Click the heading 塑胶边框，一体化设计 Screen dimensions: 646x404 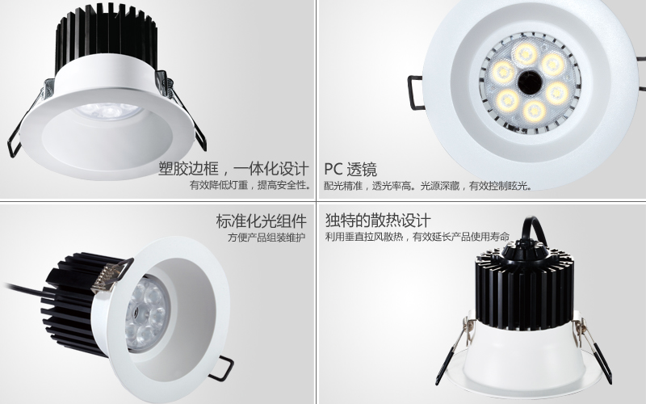233,169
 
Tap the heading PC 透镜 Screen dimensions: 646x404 350,170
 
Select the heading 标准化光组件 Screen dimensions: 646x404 261,221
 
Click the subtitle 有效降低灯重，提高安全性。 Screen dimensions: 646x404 250,185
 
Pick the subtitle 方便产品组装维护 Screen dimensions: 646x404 266,238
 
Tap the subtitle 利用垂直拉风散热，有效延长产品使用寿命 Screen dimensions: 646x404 417,237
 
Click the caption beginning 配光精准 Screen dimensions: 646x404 428,186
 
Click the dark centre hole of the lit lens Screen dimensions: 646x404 530,82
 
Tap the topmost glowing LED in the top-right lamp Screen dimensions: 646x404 526,53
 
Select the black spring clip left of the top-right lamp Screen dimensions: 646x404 415,92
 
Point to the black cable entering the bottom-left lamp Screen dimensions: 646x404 25,288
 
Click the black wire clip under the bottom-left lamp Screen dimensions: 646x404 221,368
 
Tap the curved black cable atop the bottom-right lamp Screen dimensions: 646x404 535,231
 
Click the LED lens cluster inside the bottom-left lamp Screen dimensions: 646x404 147,315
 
